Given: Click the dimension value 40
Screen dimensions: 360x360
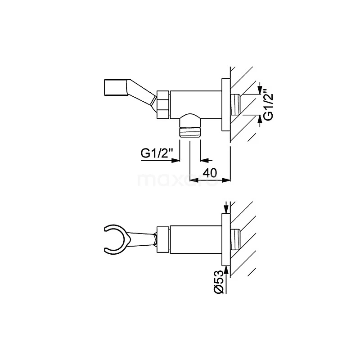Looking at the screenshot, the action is click(210, 173).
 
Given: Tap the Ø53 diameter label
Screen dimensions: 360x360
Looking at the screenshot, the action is click(219, 282).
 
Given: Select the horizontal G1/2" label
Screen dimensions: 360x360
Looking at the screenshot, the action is click(157, 153).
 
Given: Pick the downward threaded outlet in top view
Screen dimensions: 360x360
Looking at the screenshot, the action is click(189, 132).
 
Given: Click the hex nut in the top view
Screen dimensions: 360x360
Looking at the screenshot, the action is click(163, 105).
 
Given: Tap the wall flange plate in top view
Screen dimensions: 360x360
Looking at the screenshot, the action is click(226, 105).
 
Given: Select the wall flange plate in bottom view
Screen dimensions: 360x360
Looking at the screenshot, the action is click(226, 240).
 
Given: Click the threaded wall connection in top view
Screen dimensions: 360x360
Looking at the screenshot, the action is click(235, 105).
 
